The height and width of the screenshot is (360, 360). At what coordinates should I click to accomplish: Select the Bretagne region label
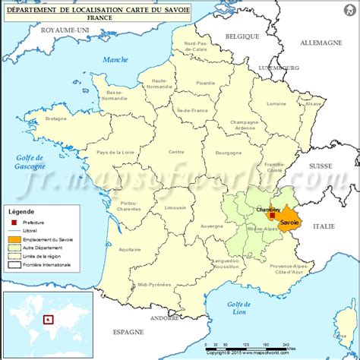(x=57, y=118)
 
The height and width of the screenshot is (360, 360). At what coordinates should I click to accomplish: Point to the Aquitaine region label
(x=130, y=249)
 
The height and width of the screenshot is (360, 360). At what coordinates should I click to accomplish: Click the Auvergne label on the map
(x=212, y=226)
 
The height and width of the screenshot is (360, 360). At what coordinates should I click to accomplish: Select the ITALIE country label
(x=324, y=226)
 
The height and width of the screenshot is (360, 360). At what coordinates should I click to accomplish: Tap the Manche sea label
(x=116, y=59)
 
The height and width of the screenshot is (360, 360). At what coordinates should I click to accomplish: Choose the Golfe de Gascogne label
(x=30, y=161)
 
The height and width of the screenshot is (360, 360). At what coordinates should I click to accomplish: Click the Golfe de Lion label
(x=239, y=307)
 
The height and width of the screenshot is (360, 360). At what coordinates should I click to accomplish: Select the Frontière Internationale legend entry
(x=50, y=264)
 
